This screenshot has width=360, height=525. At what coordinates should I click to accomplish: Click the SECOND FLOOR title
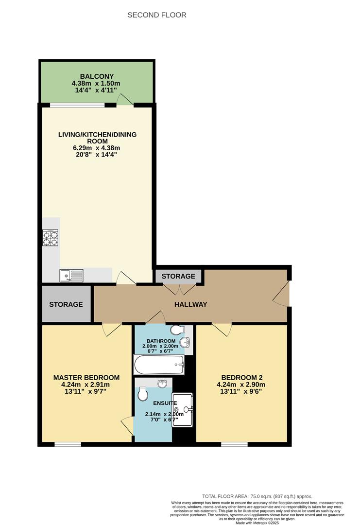(156, 15)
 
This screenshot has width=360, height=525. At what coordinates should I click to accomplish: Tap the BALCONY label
(97, 76)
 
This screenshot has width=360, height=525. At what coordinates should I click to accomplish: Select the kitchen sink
(71, 276)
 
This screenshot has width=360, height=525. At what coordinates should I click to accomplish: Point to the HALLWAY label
(191, 305)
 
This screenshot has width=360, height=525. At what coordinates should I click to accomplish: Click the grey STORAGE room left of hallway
(66, 304)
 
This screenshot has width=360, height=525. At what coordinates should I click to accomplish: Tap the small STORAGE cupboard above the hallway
(178, 276)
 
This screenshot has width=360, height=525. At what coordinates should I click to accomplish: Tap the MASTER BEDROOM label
(86, 378)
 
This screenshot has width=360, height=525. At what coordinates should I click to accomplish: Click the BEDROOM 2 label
(242, 378)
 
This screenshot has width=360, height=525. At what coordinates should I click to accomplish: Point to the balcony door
(124, 100)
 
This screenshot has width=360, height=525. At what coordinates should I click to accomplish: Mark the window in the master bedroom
(68, 444)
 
